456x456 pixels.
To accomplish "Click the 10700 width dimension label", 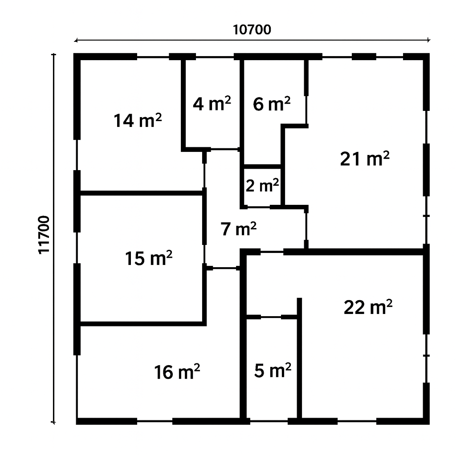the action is [252, 30].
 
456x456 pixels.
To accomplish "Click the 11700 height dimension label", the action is [44, 235].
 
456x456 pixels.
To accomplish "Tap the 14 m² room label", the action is [138, 120].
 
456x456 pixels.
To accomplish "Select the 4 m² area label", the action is [212, 103].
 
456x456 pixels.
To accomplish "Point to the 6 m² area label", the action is [272, 104].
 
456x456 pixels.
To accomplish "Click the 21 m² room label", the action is [365, 159].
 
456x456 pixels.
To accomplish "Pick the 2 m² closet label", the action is [262, 186].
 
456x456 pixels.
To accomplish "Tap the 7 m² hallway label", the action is [239, 229].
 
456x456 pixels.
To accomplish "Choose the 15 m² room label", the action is [149, 258].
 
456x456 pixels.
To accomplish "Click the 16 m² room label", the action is [177, 372].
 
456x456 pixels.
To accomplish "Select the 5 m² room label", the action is [273, 370].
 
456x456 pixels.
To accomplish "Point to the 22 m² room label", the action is [368, 307].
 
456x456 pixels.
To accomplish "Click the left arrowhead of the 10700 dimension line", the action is [76, 41].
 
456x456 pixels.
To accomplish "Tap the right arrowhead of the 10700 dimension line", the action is [428, 41].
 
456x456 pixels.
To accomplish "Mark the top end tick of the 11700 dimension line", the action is [53, 54].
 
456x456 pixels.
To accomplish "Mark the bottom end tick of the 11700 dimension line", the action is [53, 422].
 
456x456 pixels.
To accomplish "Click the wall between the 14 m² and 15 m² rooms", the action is [141, 193].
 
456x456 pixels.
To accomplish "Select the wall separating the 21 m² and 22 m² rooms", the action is [353, 252].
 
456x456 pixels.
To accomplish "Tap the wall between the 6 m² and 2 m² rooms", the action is [262, 167].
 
